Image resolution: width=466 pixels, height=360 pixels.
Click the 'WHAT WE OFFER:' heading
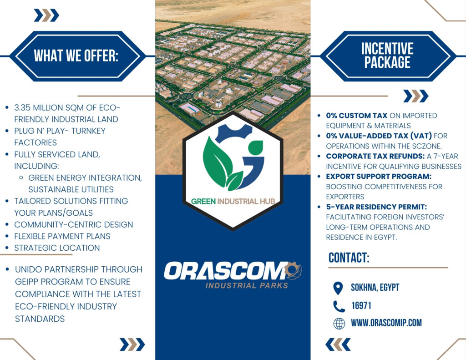pos(76,56)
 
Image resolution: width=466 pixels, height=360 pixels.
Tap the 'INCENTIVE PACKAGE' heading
pos(387,56)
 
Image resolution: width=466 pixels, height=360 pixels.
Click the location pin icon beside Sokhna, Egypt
pos(338,288)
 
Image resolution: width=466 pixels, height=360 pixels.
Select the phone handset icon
pos(339,306)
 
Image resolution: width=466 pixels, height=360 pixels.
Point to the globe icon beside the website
pos(339,324)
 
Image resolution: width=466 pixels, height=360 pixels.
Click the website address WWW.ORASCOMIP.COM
pos(386,323)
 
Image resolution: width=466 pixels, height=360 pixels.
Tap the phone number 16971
pos(361,305)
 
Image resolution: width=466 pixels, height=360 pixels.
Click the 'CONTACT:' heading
pos(349,258)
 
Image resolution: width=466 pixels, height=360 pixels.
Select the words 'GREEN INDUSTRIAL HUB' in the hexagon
pos(233,201)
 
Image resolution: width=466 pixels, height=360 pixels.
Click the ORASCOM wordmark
pos(226,271)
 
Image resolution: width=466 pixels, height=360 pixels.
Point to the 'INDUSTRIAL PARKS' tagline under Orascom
pos(247,286)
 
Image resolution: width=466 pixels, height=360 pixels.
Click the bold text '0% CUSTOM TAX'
pos(357,116)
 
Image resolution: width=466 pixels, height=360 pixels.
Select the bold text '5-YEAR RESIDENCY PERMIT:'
pos(376,207)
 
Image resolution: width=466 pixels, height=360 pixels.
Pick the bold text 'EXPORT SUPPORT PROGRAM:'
pos(379,177)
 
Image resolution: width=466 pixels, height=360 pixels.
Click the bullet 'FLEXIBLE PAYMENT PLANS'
pos(62,236)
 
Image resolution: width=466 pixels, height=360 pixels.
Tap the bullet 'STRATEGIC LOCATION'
pos(57,248)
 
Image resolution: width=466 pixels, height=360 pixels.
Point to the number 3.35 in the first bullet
pos(22,107)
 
